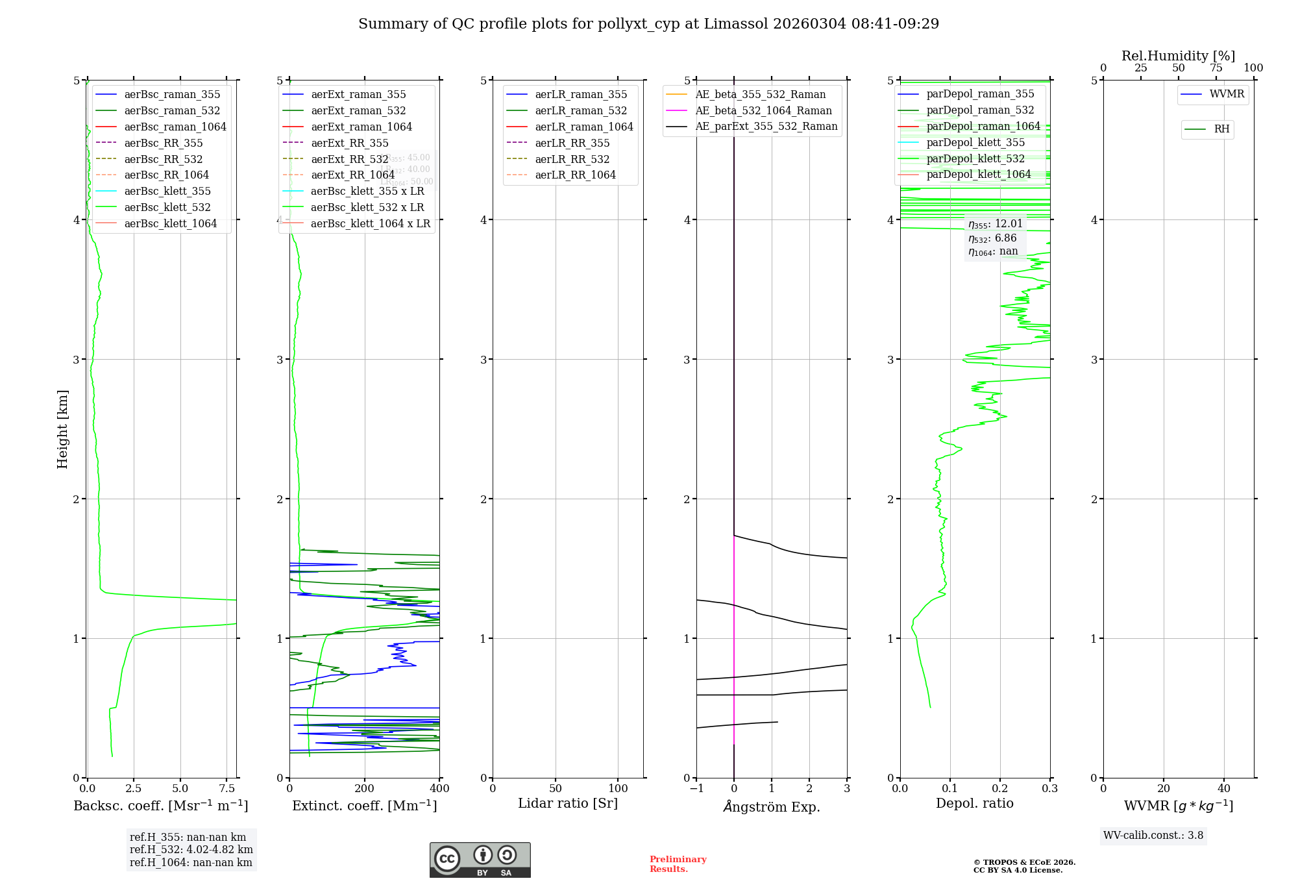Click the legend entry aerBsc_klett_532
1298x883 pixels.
click(x=167, y=207)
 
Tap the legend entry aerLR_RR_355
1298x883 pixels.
click(x=572, y=143)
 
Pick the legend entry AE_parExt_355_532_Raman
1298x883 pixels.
click(x=766, y=126)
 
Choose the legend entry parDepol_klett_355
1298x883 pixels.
click(x=975, y=142)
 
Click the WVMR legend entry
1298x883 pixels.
click(x=1227, y=94)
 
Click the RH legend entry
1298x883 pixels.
click(x=1221, y=129)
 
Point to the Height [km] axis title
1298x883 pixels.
click(x=62, y=429)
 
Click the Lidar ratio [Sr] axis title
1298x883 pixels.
click(x=568, y=803)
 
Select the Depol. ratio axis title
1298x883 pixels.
click(x=974, y=803)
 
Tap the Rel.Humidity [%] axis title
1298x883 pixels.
click(x=1178, y=56)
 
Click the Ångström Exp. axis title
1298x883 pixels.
click(x=772, y=806)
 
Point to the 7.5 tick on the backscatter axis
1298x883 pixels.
click(x=227, y=789)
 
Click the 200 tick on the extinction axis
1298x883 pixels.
click(x=365, y=789)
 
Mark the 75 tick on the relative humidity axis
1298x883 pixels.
click(x=1216, y=68)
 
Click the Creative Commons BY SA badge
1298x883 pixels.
click(x=480, y=860)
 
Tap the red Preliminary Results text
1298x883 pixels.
click(x=678, y=864)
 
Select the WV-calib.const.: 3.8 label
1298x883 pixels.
click(x=1153, y=836)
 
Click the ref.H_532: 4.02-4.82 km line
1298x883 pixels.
click(x=191, y=850)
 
